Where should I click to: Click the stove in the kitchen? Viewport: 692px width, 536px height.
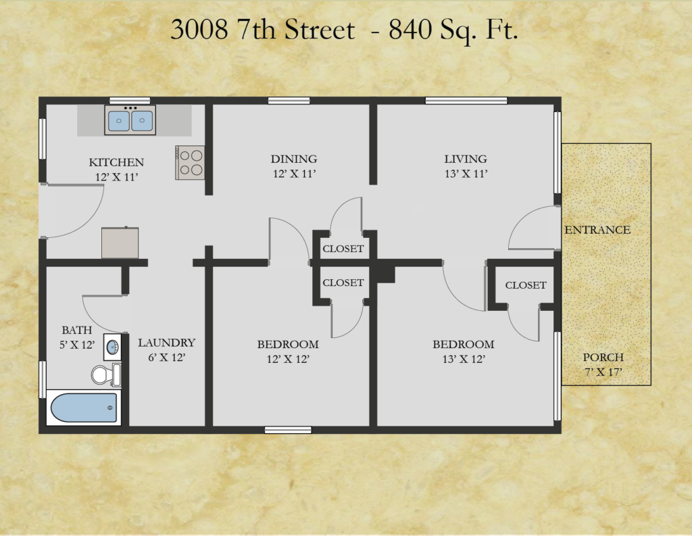click(190, 162)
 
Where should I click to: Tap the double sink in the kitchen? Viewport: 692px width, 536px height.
click(130, 120)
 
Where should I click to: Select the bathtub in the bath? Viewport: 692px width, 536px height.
click(84, 408)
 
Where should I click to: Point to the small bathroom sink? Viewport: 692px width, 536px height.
click(112, 347)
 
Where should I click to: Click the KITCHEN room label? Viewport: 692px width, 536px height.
click(116, 162)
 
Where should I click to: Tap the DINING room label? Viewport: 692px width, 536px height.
click(294, 159)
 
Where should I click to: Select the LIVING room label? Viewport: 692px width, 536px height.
click(466, 159)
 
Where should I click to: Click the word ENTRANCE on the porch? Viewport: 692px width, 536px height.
click(597, 230)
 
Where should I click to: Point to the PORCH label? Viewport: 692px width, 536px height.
click(603, 357)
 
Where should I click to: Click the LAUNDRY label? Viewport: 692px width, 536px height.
click(166, 343)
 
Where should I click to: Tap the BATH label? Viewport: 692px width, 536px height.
click(77, 331)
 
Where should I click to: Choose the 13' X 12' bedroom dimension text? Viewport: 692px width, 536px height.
click(464, 359)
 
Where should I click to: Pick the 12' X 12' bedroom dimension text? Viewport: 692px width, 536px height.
click(288, 359)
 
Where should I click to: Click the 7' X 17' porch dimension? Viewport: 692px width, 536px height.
click(603, 372)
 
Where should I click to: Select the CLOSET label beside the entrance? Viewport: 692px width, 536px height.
click(526, 285)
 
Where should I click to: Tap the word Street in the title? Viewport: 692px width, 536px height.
click(320, 30)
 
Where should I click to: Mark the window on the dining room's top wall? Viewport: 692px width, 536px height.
click(289, 101)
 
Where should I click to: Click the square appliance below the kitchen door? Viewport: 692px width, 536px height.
click(120, 243)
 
